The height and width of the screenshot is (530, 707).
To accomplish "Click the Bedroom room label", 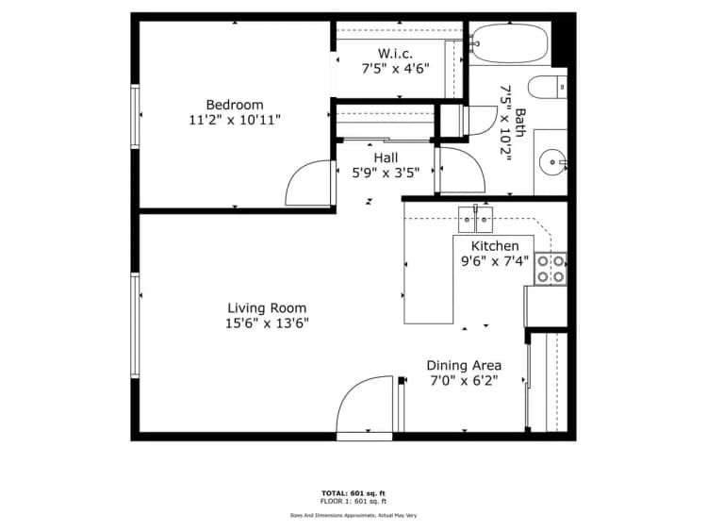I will tap(235, 105).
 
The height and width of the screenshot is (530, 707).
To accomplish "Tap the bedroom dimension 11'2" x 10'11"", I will tap(235, 120).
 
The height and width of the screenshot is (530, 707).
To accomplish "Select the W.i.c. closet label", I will tap(395, 54).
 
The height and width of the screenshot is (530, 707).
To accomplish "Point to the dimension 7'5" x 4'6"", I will tap(395, 69).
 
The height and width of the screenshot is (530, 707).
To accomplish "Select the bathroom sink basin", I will tap(550, 162).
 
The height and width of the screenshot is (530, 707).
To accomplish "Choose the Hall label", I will tap(386, 157).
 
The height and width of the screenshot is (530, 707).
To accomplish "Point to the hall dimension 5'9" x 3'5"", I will tap(386, 173).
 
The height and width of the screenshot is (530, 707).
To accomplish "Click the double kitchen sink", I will tap(475, 219).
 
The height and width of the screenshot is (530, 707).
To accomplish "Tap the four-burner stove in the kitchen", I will tap(551, 268).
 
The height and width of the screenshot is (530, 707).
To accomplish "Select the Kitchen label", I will tap(488, 246).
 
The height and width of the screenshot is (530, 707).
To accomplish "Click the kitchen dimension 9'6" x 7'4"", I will tap(488, 261).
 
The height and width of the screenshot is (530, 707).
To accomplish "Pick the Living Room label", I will tap(267, 308).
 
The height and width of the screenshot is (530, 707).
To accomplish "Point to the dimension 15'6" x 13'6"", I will tap(267, 323).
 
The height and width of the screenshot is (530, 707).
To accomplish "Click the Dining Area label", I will tap(464, 365).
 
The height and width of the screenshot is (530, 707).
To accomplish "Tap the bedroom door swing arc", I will tap(309, 184).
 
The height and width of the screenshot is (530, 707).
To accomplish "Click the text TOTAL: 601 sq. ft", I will tap(353, 493).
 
